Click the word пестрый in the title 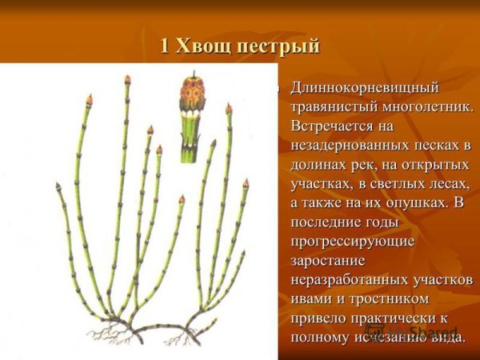(x=278, y=46)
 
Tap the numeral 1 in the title (x=164, y=46)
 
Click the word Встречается (x=334, y=126)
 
